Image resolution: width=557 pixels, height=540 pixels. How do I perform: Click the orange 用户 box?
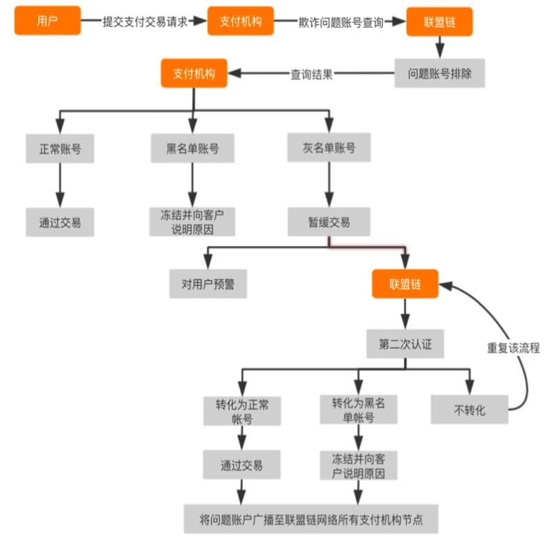coord(47,22)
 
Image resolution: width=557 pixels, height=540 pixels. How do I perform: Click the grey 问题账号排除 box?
coord(439,72)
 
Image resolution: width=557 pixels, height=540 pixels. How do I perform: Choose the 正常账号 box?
coord(60,148)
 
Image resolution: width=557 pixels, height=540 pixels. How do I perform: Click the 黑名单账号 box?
coord(192,148)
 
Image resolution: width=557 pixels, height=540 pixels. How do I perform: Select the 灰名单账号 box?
coord(329,148)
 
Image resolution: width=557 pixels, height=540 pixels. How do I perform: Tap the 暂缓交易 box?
coord(329,222)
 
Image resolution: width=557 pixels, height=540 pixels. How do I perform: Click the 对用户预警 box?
coord(208,284)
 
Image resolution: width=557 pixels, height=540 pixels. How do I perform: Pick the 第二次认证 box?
coord(405,344)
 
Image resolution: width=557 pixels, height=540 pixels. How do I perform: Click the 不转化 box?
coord(469,410)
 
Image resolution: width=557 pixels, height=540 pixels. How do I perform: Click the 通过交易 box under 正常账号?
coord(60,222)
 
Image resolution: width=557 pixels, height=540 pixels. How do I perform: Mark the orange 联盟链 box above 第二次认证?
coord(405,284)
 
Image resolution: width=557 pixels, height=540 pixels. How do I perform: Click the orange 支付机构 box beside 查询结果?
coord(194,73)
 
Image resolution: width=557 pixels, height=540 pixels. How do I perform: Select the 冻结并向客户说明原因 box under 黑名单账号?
coord(192,222)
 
